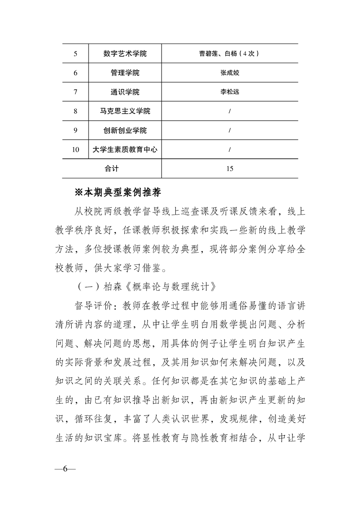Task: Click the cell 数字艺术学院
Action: [125, 54]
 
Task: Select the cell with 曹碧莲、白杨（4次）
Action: [229, 54]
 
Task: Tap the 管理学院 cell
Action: [125, 73]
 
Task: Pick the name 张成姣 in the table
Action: [229, 73]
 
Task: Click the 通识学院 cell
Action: [125, 92]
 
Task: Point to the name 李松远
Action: [229, 92]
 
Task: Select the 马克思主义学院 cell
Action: [125, 111]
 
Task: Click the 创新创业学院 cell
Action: [125, 131]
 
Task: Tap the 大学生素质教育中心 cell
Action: [125, 149]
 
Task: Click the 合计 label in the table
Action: [111, 169]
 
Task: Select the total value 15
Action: [229, 169]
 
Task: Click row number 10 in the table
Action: [75, 149]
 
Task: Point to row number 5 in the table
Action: [75, 54]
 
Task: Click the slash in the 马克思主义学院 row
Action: [229, 111]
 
